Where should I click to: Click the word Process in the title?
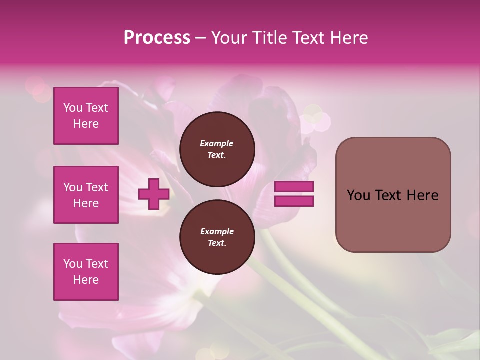click(157, 38)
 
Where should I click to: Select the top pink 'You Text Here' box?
click(86, 116)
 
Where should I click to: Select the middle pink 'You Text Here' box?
click(86, 195)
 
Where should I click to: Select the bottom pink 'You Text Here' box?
click(86, 272)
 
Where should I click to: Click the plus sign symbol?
click(153, 194)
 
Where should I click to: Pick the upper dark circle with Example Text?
click(217, 149)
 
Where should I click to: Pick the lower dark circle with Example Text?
click(217, 237)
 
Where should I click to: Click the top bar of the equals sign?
click(294, 187)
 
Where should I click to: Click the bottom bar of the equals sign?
click(294, 201)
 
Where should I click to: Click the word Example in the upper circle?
click(217, 143)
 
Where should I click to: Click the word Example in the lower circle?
click(217, 231)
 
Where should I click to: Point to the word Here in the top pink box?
click(86, 124)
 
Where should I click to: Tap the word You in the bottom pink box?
click(73, 264)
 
